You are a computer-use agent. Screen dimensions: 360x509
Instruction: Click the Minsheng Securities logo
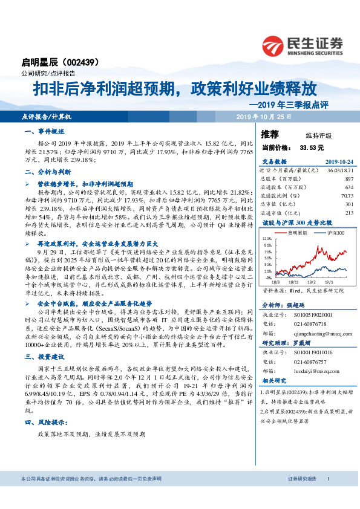pos(302,45)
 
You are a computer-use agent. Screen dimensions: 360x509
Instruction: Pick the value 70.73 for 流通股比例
pos(347,195)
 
